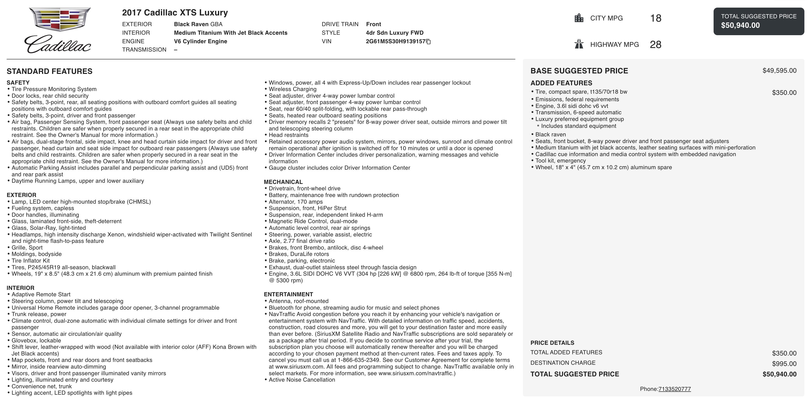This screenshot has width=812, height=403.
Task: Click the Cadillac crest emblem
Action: (60, 19)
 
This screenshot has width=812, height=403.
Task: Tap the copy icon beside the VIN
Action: (428, 42)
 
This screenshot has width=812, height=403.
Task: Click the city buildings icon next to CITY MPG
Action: (579, 18)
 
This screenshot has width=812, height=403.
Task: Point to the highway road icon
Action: (579, 44)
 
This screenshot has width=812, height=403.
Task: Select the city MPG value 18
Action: (656, 18)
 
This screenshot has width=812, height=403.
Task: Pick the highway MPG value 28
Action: (655, 44)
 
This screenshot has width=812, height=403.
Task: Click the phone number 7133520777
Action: (675, 389)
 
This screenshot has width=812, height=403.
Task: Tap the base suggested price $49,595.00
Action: (779, 71)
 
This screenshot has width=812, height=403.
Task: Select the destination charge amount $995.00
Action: (784, 364)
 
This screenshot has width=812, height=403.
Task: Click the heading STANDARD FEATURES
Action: (49, 71)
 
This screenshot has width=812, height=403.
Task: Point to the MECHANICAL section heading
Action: (283, 182)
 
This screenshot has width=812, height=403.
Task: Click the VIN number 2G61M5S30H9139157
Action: (395, 41)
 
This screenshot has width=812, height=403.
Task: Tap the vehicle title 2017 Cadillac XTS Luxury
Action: (175, 13)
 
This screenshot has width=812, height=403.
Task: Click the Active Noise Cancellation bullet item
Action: (302, 380)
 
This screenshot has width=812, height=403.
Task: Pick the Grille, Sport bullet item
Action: (27, 247)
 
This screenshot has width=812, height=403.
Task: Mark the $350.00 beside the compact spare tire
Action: (784, 93)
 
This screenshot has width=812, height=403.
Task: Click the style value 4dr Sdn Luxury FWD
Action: (395, 33)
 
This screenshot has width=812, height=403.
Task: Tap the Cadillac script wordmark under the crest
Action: (58, 44)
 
